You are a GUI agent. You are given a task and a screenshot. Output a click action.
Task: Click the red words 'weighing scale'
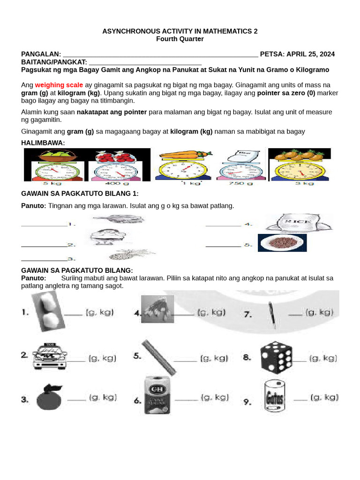59,85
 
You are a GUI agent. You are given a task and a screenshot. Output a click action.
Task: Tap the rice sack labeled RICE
298,224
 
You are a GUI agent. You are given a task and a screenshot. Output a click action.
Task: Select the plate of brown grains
282,243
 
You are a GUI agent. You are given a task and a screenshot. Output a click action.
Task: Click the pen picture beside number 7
271,313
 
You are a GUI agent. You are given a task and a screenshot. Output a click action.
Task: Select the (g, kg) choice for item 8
322,358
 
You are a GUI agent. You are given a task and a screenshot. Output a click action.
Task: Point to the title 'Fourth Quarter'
180,39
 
